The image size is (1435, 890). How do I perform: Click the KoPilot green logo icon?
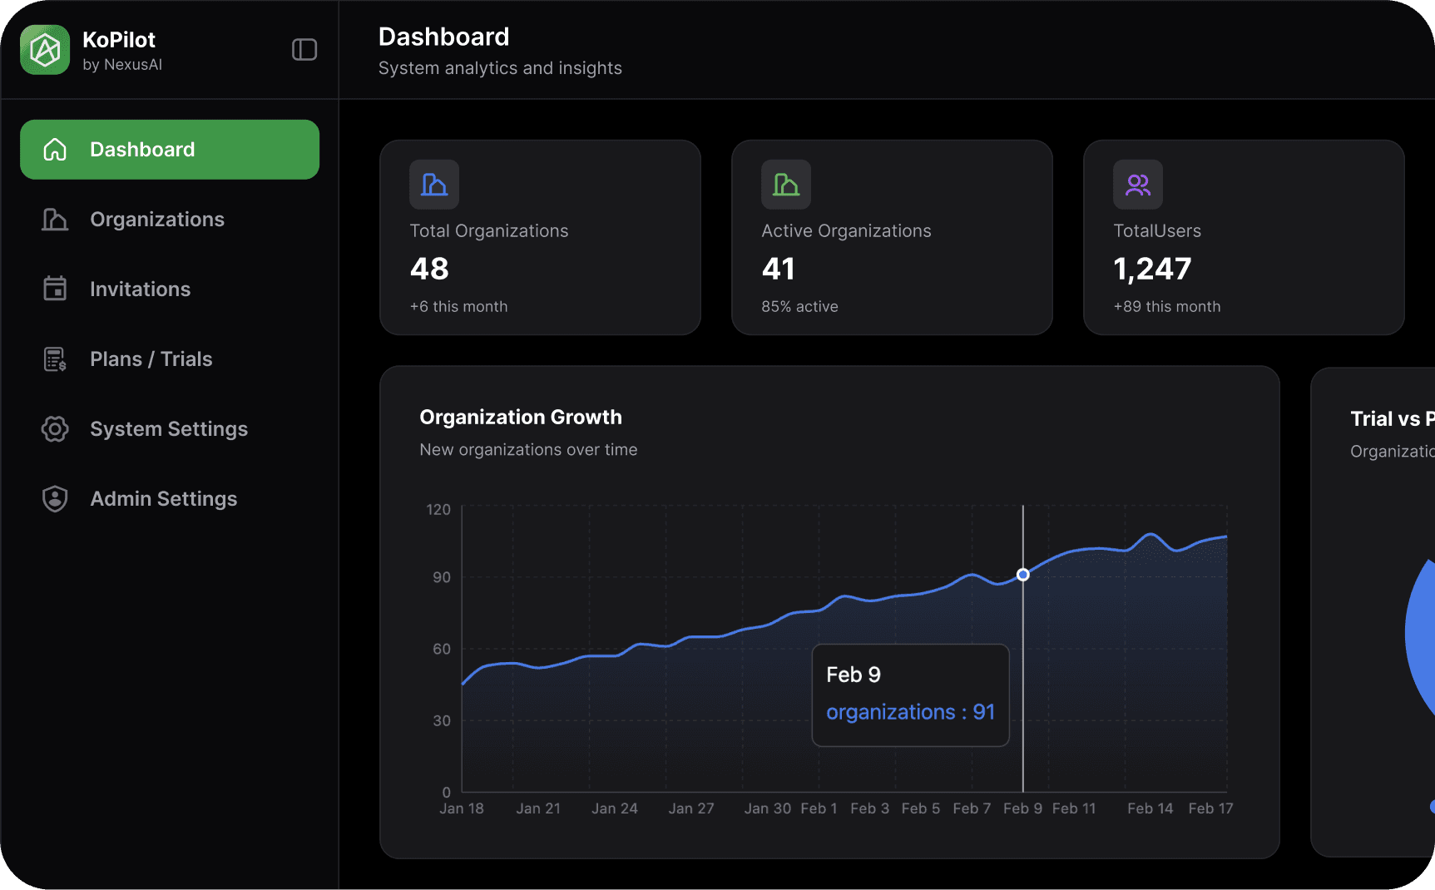pos(45,50)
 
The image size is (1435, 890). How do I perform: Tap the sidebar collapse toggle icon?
pos(304,50)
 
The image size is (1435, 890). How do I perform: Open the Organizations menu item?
pos(156,220)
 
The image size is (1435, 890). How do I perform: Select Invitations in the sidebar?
pos(140,289)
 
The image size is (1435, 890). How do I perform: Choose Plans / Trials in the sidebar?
pos(151,359)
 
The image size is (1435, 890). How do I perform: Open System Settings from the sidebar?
pos(168,429)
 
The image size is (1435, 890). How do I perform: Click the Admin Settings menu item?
pos(163,499)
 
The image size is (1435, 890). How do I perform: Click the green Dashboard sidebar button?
pos(170,150)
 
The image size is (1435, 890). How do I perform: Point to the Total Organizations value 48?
pos(429,269)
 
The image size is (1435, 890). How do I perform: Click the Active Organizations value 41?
pos(779,269)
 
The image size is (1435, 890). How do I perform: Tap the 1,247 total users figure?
pos(1152,269)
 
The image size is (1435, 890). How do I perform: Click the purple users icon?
pos(1138,185)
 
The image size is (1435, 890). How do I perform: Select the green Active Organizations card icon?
pos(786,185)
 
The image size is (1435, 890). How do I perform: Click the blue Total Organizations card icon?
pos(434,185)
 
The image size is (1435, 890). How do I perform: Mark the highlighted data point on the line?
pos(1023,575)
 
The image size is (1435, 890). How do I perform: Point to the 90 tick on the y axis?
pos(442,577)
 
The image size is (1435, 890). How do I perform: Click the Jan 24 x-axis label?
pos(615,808)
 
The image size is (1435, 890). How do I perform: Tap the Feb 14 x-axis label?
pos(1150,808)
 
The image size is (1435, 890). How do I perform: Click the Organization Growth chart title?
pos(521,418)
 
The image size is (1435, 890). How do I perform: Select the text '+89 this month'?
pos(1167,307)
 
